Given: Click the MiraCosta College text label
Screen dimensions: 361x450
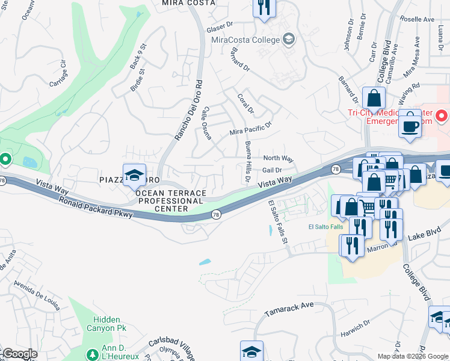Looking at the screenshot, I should pos(245,40).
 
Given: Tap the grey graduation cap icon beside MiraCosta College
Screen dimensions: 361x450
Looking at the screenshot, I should pos(289,40).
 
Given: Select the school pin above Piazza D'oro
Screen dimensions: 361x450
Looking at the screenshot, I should pos(134,176).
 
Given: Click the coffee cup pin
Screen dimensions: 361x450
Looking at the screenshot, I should pos(410,126).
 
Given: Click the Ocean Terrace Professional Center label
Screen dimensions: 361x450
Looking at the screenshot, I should pos(171,201).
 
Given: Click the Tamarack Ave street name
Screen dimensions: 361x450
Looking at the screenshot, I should pos(289,309).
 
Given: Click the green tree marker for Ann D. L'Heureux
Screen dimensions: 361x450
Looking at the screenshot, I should pos(92,355).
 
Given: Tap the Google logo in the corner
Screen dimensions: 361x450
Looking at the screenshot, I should pos(20,354).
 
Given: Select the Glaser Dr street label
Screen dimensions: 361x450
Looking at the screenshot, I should pos(219,26).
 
